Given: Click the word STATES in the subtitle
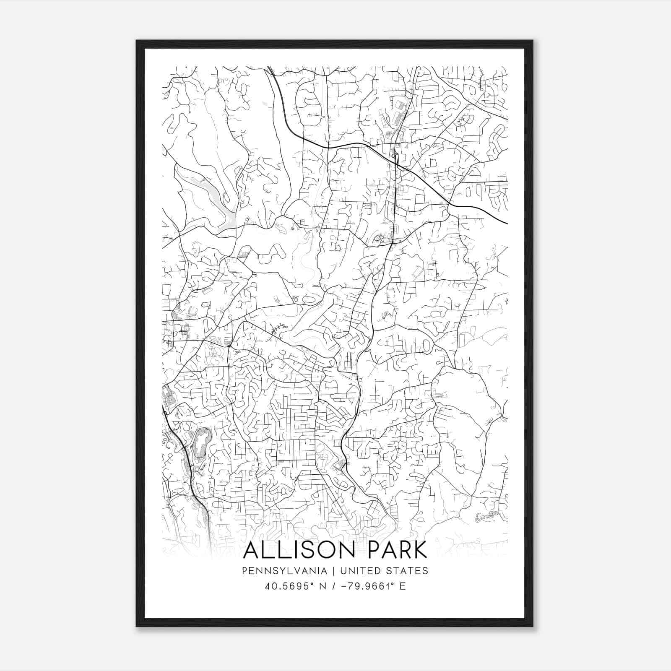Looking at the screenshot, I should click(407, 571).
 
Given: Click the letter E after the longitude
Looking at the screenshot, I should click(403, 586).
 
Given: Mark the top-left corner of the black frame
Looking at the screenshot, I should click(137, 41).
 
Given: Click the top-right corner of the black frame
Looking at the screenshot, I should click(533, 41).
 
